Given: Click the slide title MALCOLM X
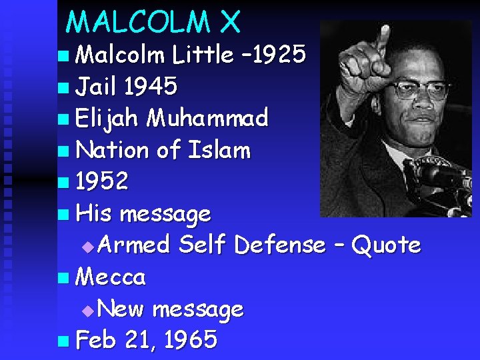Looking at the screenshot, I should click(x=153, y=22).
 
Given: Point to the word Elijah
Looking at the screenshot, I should click(x=107, y=118).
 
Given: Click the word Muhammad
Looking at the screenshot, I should click(x=207, y=118).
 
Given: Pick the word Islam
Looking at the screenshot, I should click(x=220, y=150).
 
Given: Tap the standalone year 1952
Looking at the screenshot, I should click(x=101, y=181).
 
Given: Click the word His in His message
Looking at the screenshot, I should click(x=94, y=213).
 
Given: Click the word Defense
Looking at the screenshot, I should click(x=280, y=245).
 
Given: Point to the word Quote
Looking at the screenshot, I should click(x=386, y=245).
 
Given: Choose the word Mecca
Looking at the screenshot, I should click(x=111, y=276).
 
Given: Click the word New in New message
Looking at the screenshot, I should click(x=124, y=309).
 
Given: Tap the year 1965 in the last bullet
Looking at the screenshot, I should click(x=190, y=340).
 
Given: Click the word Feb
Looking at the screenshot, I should click(x=96, y=340).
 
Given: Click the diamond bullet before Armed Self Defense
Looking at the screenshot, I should click(x=92, y=247).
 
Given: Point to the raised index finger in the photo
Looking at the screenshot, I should click(x=383, y=40).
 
